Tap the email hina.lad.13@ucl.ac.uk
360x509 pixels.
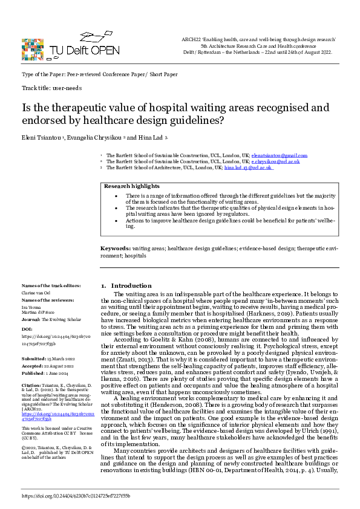click(x=249, y=167)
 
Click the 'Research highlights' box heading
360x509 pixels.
click(x=130, y=187)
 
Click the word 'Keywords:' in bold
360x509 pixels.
click(x=115, y=248)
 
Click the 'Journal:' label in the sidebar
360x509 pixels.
click(x=30, y=319)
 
